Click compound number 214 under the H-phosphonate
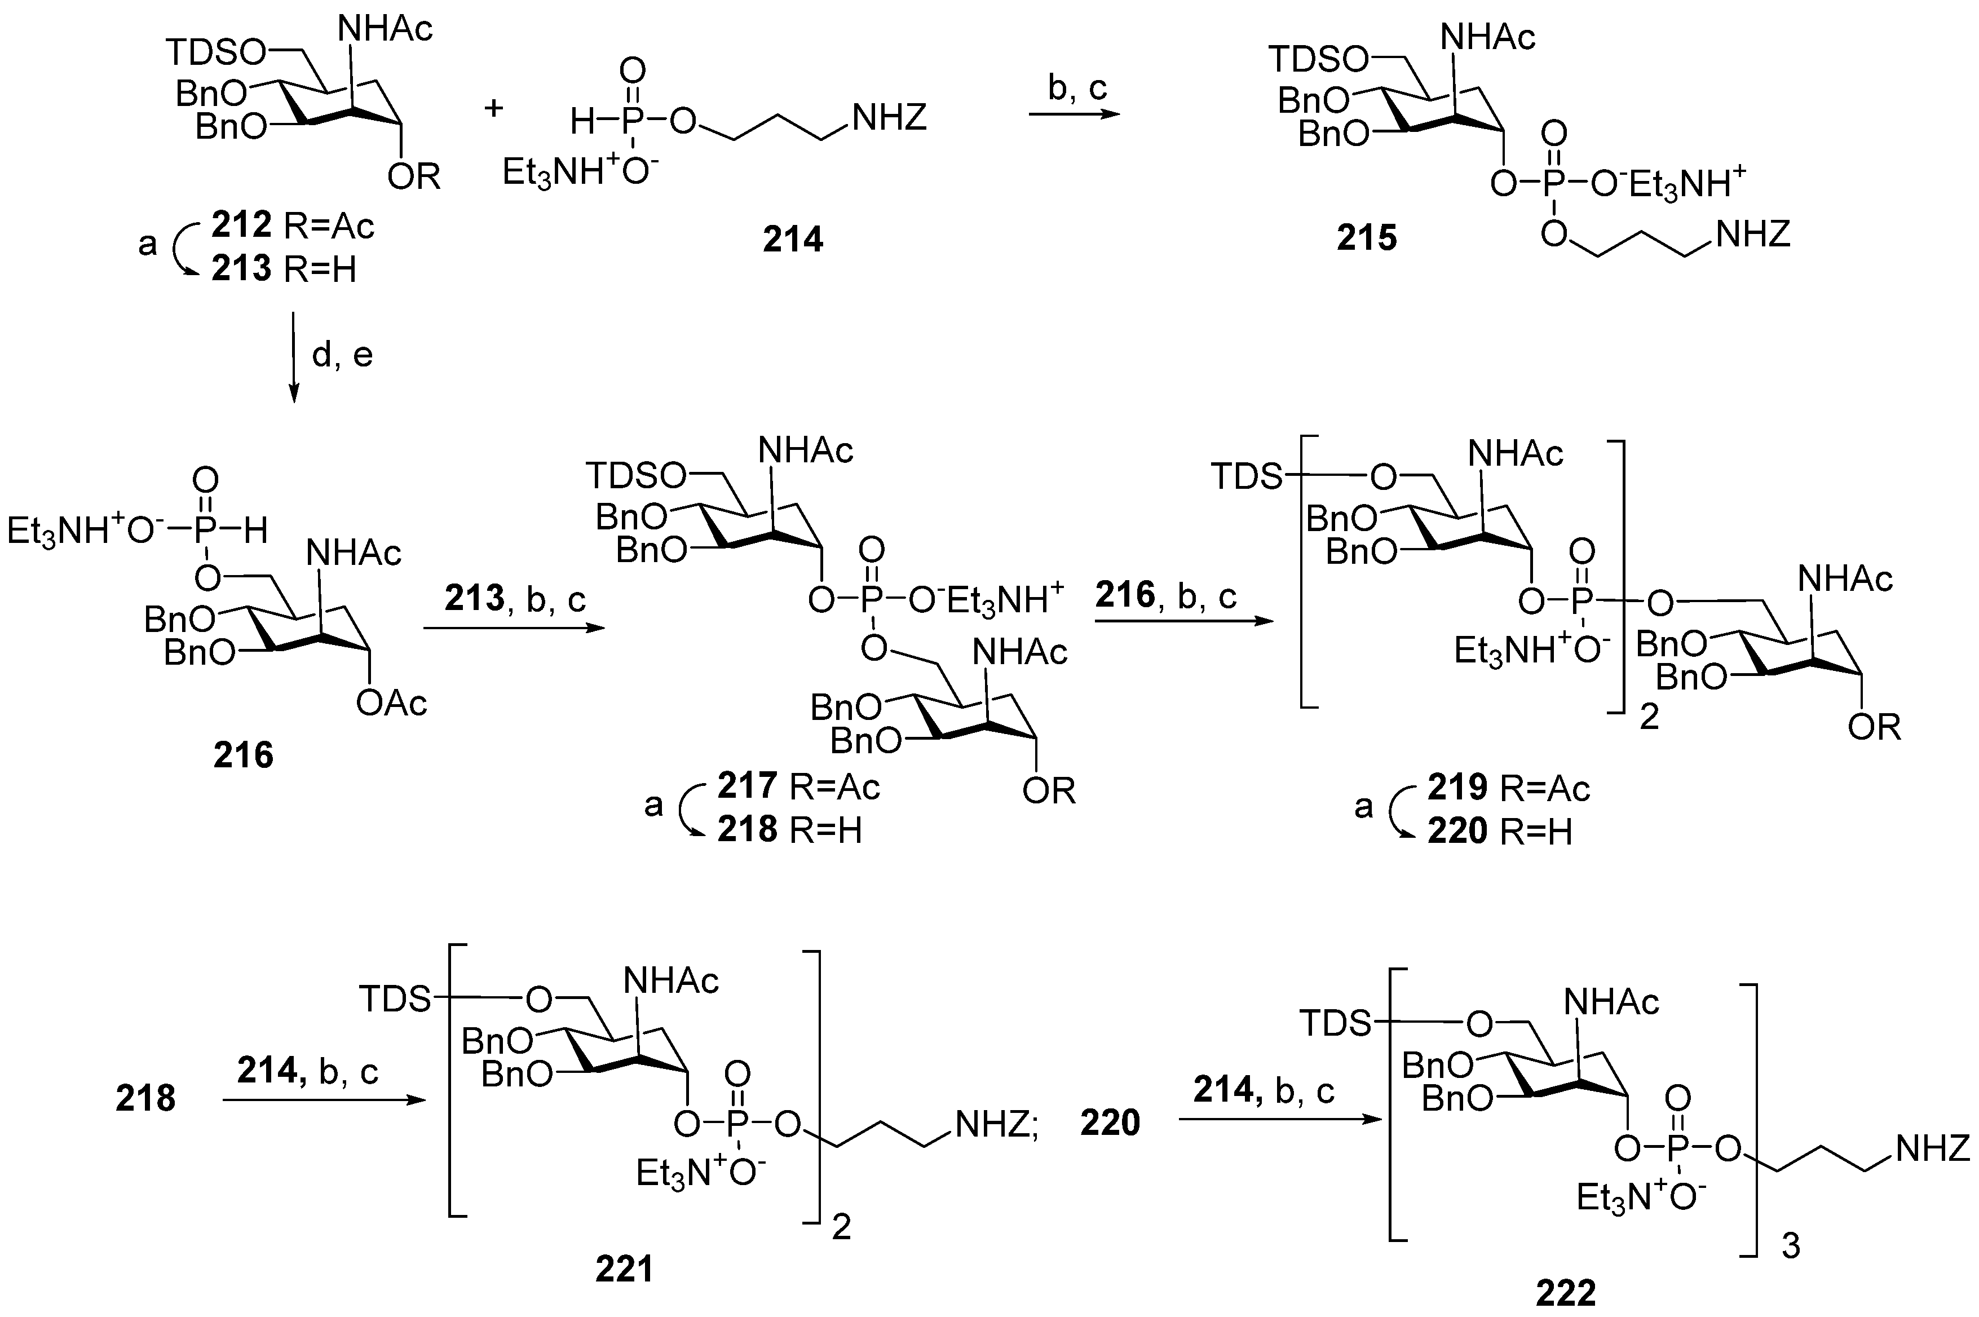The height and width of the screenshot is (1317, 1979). pyautogui.click(x=792, y=240)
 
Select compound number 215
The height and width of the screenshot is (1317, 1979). pyautogui.click(x=1367, y=238)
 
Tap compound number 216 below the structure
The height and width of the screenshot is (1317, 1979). pyautogui.click(x=243, y=755)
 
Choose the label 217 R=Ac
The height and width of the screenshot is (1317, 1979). pyautogui.click(x=798, y=786)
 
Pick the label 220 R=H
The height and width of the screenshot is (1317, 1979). pyautogui.click(x=1499, y=832)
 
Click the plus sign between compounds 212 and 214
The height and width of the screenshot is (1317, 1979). pyautogui.click(x=494, y=108)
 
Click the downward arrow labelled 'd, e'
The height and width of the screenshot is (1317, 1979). pyautogui.click(x=294, y=357)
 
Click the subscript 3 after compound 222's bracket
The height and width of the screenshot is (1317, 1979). pyautogui.click(x=1790, y=1247)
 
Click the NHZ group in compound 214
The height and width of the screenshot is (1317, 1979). pyautogui.click(x=889, y=118)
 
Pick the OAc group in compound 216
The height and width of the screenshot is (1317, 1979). pyautogui.click(x=391, y=702)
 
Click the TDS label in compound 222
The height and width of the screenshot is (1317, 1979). pyautogui.click(x=1335, y=1024)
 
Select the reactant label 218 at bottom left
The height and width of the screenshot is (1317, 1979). pyautogui.click(x=145, y=1098)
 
